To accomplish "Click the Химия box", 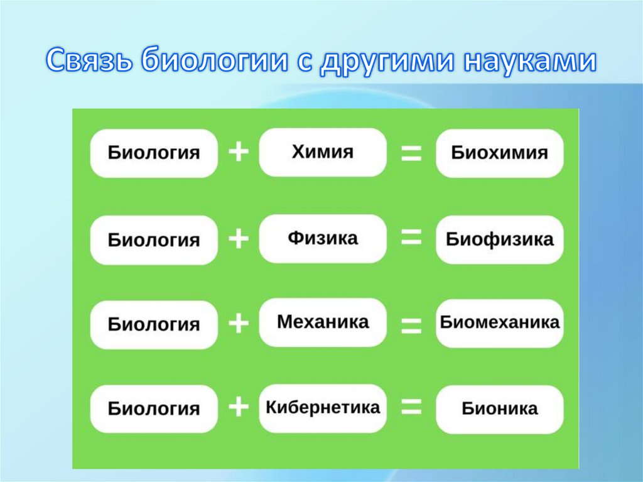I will (323, 152).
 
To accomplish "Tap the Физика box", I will (323, 238).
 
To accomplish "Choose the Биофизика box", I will (500, 239).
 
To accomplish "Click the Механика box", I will (323, 322).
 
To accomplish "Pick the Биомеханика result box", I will (500, 323).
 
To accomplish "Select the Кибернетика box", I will (323, 408).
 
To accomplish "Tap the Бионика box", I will (500, 409).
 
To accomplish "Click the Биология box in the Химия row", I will (154, 153).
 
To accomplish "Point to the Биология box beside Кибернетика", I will (154, 409).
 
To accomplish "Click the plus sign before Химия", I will (239, 153).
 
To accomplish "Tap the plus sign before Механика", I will (239, 324).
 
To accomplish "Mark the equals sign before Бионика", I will (411, 408).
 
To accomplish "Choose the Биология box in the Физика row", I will (154, 240).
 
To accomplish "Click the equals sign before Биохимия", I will (411, 153).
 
